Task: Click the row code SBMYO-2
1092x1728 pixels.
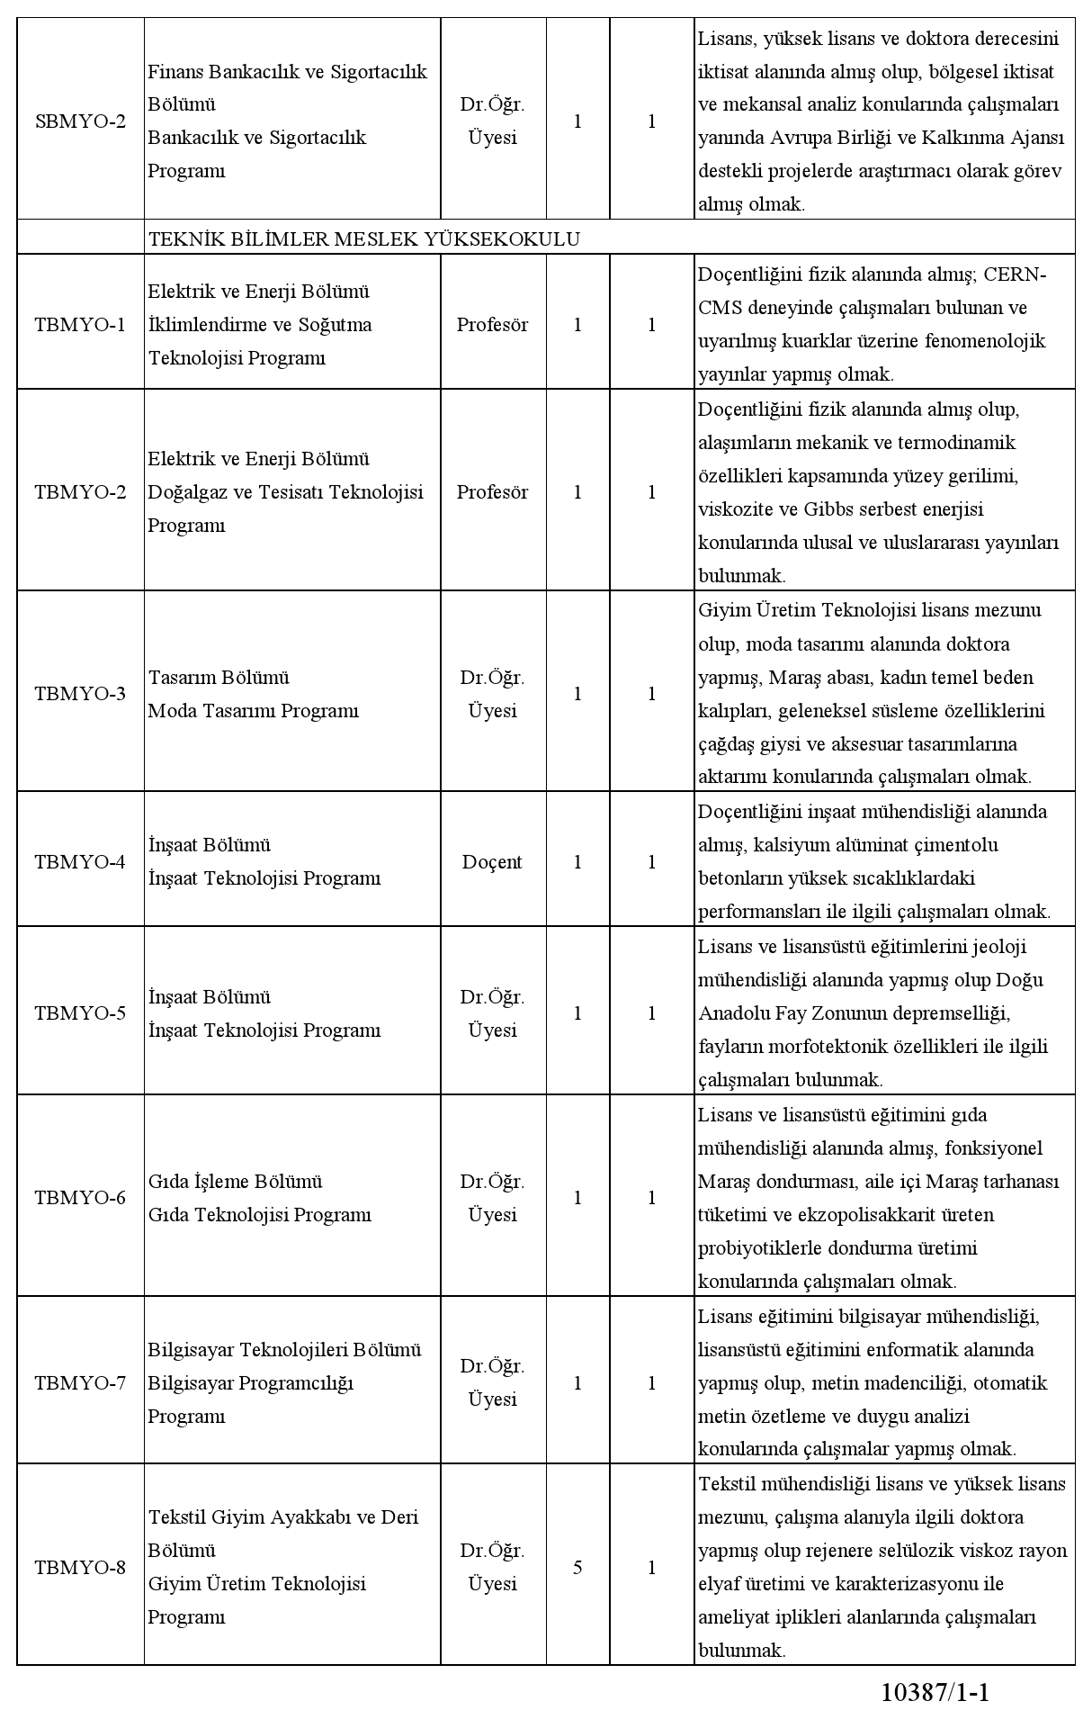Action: [80, 121]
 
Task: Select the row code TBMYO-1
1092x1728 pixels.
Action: [80, 325]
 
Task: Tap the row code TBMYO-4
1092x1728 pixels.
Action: [80, 862]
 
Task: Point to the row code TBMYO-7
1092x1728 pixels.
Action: [80, 1383]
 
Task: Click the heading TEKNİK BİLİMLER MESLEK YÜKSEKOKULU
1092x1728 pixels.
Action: [363, 238]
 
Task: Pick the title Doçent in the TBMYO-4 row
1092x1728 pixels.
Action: [492, 862]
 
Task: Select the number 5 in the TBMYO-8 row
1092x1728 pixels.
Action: [577, 1568]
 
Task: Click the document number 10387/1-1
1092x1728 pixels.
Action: [935, 1693]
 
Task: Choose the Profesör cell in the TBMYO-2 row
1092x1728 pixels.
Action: [492, 492]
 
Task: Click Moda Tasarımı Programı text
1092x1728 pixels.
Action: [253, 711]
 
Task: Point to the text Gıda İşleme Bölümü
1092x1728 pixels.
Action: [235, 1182]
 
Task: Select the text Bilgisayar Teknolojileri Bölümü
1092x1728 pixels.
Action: [284, 1350]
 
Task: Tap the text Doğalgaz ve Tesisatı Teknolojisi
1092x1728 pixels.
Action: [285, 492]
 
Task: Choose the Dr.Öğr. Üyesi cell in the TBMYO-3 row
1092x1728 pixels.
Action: [492, 694]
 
